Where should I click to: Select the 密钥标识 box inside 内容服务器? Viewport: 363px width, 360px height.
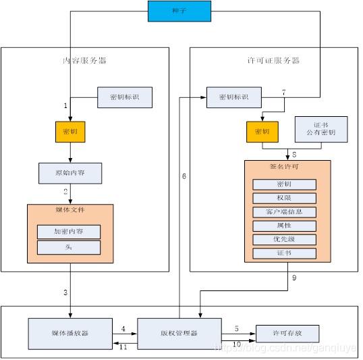click(x=125, y=97)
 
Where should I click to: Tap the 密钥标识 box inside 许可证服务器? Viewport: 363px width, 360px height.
click(x=233, y=97)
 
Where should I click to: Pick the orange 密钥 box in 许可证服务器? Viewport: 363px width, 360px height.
click(x=262, y=132)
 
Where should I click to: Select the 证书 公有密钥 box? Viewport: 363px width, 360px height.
click(x=321, y=129)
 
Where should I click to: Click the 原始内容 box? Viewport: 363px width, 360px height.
click(x=70, y=173)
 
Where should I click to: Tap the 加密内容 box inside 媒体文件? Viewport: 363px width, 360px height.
click(x=69, y=232)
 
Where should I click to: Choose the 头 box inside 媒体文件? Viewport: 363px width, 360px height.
click(x=69, y=248)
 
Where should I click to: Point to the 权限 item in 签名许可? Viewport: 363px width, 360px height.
click(x=284, y=199)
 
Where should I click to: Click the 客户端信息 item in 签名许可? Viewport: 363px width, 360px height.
click(x=284, y=212)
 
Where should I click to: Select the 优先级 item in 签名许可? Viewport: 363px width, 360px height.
click(x=284, y=239)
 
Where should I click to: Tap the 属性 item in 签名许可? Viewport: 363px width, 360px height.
click(x=284, y=226)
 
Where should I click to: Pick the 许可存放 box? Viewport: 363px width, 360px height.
click(x=287, y=334)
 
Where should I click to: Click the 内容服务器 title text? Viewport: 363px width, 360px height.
click(x=84, y=61)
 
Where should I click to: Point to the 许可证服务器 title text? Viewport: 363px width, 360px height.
click(x=273, y=61)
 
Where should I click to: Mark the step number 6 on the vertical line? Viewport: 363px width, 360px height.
click(x=184, y=176)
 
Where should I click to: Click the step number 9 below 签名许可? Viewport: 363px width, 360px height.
click(x=294, y=278)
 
